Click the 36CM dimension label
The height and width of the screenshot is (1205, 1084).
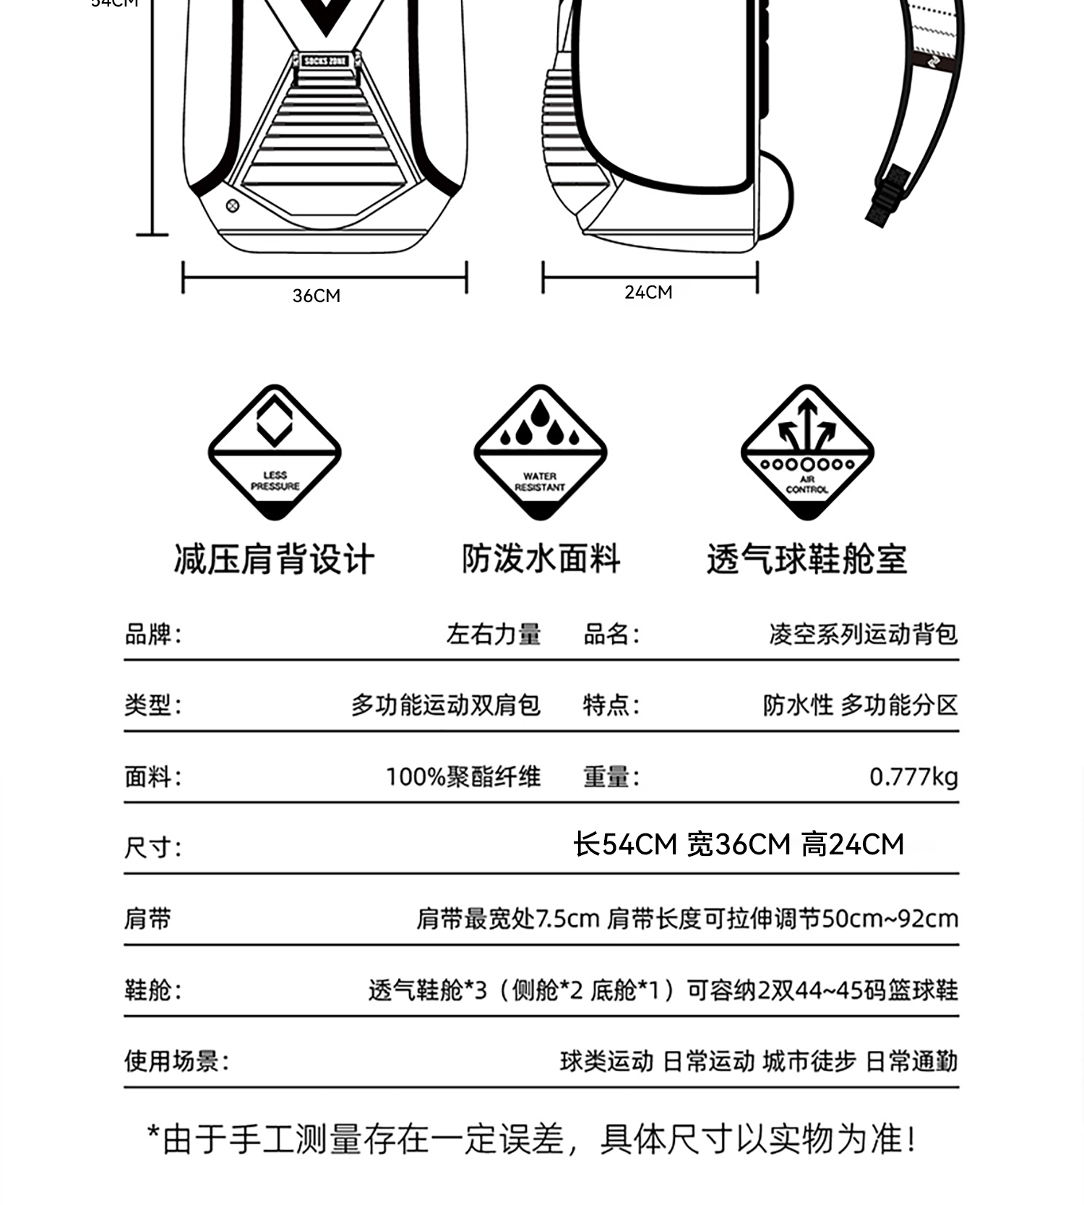(x=317, y=296)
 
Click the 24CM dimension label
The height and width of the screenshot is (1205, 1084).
(x=648, y=292)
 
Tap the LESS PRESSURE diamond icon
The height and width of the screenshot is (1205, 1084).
(x=275, y=452)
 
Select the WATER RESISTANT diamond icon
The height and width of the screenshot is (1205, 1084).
(x=540, y=452)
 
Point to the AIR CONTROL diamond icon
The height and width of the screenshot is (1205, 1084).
(x=807, y=452)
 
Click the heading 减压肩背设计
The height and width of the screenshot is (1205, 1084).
(x=274, y=559)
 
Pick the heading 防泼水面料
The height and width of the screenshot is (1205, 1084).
(x=541, y=559)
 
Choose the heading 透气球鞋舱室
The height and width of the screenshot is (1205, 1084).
(x=806, y=559)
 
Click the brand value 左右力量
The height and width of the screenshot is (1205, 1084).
(x=494, y=634)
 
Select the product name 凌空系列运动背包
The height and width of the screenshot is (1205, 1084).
(x=863, y=634)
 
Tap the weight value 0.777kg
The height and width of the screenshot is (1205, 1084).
(x=913, y=777)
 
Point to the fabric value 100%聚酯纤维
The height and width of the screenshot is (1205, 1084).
(x=463, y=777)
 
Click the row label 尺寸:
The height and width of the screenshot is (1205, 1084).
(x=152, y=847)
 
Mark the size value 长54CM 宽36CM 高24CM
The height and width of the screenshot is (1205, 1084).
(x=738, y=844)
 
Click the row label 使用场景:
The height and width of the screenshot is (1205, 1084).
(x=176, y=1061)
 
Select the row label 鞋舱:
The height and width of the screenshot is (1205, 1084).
(x=152, y=990)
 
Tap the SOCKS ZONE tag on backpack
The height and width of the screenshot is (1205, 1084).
(x=325, y=61)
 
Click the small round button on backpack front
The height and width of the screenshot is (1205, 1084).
(x=233, y=206)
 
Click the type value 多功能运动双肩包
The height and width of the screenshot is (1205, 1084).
(x=445, y=705)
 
